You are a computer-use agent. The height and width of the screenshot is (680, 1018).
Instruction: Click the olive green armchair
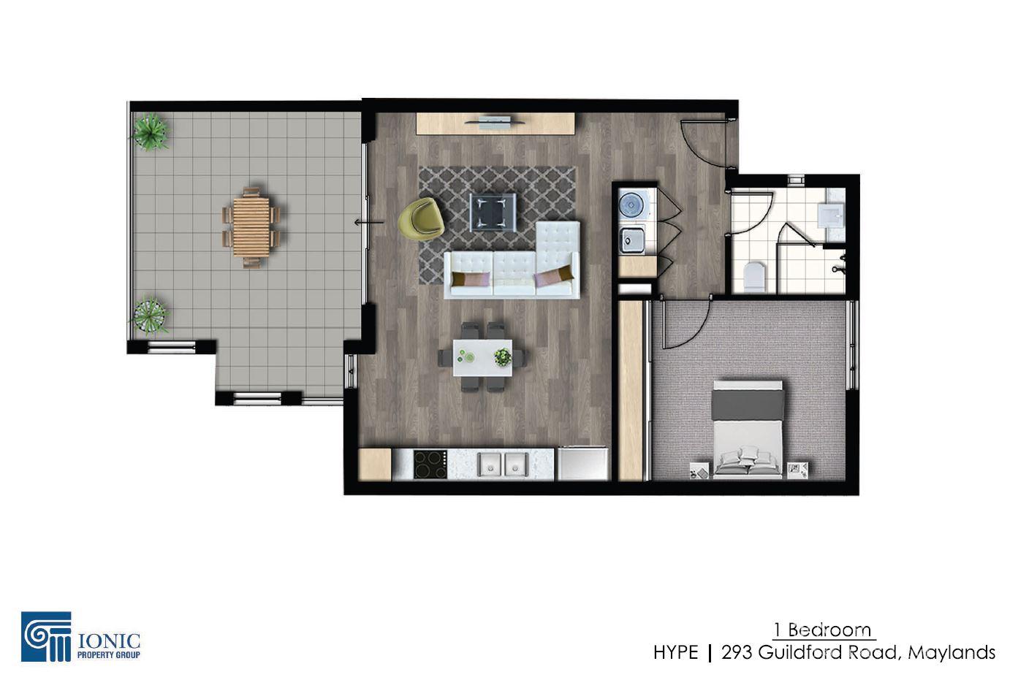point(421,219)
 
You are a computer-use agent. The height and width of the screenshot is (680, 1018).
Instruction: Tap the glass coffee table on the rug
point(493,212)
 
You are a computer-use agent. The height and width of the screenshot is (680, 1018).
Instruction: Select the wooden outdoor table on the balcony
point(251,226)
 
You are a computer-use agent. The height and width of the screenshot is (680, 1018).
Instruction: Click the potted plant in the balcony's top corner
point(150,131)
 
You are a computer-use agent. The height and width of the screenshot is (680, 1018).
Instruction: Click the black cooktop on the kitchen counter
point(430,465)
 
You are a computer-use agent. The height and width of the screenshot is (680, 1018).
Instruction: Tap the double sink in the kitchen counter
point(503,465)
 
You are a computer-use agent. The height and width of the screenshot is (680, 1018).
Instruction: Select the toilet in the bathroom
point(755,277)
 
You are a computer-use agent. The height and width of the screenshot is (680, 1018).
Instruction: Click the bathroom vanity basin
point(830,215)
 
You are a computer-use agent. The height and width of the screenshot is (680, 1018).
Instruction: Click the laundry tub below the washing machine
point(632,240)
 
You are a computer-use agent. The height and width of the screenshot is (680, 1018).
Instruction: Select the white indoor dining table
point(482,358)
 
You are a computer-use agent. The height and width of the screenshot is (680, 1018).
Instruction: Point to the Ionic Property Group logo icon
point(46,636)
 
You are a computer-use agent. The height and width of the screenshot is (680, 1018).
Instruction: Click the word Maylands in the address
point(951,653)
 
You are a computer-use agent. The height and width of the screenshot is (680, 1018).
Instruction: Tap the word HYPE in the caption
point(676,653)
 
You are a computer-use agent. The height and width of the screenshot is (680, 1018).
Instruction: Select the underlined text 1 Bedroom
point(823,630)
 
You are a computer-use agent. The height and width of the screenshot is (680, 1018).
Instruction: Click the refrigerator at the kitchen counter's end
point(582,464)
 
